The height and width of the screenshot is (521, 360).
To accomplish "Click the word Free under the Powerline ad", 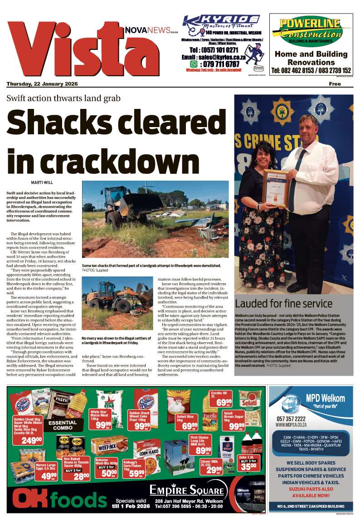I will point(335,84).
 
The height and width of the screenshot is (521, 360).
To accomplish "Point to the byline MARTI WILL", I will point(43,183).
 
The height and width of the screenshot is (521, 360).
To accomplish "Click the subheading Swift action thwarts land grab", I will point(63,98).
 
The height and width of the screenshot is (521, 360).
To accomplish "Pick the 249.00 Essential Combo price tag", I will point(32,440).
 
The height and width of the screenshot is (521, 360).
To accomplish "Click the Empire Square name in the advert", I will point(187,491).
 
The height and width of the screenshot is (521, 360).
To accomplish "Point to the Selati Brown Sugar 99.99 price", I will point(236,426).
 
